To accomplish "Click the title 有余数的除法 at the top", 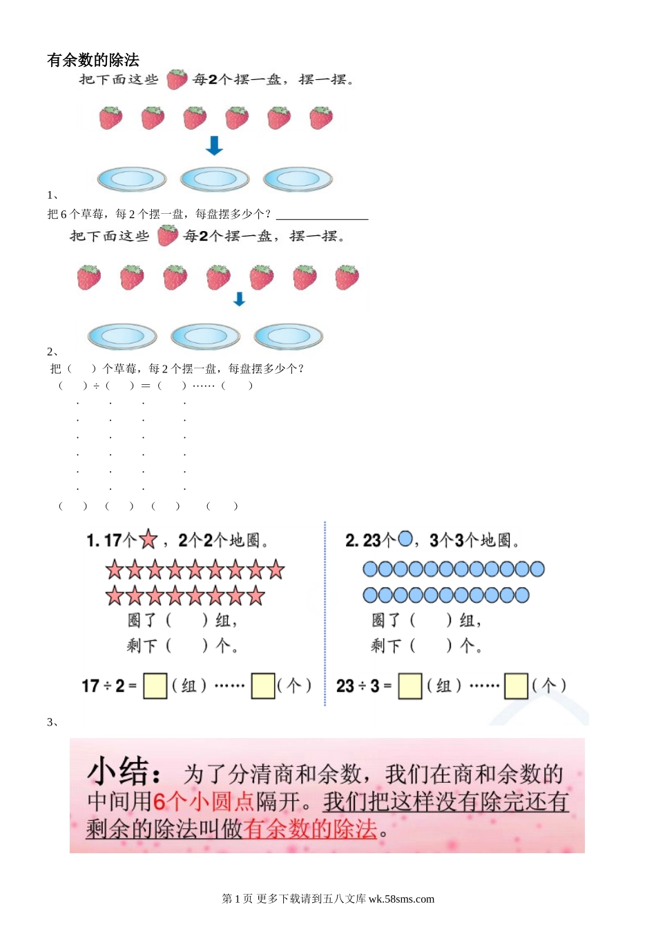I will tap(93, 60).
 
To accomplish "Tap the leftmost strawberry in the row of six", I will tap(110, 118).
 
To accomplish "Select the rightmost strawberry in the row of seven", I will tap(347, 277).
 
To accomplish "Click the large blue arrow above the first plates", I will tap(215, 146).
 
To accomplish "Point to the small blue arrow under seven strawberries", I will tap(240, 299).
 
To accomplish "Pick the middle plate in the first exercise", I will tap(215, 179).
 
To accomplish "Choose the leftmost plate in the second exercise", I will tap(122, 337).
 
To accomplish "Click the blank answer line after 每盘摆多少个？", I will tap(322, 215).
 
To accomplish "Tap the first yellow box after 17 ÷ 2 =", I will tap(155, 686).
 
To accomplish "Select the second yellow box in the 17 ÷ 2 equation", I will tap(263, 686).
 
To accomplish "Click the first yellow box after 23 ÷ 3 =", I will tap(410, 686).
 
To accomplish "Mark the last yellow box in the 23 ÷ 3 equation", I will tap(517, 686).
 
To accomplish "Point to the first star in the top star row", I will tap(115, 570).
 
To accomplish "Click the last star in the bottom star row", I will tap(256, 595).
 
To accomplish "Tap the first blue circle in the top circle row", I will tap(371, 569).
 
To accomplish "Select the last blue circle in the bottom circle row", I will tap(522, 595).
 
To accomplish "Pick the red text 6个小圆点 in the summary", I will tap(203, 801).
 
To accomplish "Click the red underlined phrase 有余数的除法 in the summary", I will tap(310, 828).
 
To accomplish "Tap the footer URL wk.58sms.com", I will tap(401, 899).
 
